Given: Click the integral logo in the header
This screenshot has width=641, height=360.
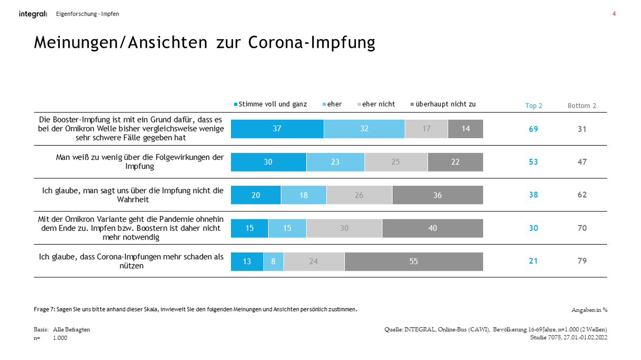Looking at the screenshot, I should point(33,14).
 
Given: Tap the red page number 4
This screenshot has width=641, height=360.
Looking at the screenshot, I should point(614,14).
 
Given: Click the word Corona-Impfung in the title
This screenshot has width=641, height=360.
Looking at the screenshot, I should point(311,42).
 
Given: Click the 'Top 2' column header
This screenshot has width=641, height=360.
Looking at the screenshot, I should point(533,106).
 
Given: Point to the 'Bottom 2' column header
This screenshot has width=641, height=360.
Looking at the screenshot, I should point(582,106).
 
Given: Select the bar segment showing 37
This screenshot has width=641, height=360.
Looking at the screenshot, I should point(277,129).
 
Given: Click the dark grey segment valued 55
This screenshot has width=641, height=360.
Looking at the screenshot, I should point(414,262).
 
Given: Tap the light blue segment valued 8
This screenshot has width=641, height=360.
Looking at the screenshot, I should point(273,262).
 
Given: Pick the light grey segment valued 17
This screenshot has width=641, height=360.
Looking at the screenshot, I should point(426,129).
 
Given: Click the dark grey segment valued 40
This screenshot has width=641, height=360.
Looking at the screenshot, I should point(433,228).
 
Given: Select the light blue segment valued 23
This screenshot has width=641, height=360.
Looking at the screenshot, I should point(335,162).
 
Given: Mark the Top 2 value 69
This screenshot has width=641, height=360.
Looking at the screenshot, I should point(533,129).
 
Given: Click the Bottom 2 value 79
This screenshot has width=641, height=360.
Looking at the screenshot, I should point(582,261).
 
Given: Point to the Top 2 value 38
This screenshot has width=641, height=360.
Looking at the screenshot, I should point(533,195).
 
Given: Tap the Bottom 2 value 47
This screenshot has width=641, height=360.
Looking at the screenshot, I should point(582,162).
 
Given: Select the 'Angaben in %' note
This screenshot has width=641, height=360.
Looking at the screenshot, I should point(589,310).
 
